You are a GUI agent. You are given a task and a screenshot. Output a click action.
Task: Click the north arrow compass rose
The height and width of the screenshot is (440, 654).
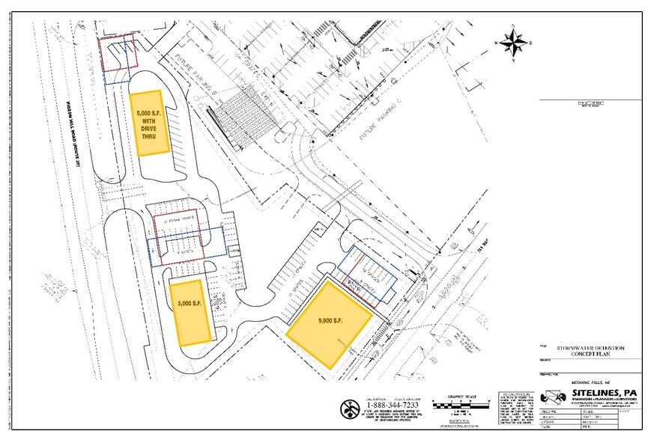tap(512, 43)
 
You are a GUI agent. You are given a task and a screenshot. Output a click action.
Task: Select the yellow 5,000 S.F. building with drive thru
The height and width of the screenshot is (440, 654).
tap(149, 123)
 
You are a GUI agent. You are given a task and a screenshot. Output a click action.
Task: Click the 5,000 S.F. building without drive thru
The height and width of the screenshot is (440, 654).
tap(190, 312)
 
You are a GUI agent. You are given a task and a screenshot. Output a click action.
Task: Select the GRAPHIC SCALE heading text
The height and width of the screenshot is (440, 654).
tap(458, 397)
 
